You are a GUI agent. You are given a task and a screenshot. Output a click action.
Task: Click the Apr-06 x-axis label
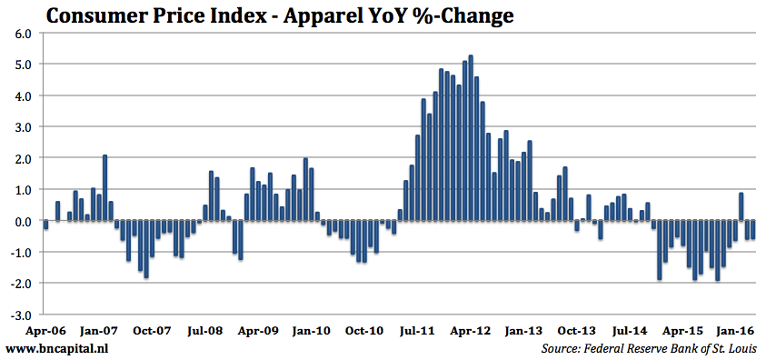(x=45, y=332)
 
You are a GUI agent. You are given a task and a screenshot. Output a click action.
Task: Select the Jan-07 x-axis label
(x=98, y=332)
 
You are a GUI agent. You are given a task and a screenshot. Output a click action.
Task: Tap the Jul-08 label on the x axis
(x=205, y=332)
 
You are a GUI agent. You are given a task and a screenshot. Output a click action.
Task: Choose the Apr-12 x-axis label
(x=472, y=332)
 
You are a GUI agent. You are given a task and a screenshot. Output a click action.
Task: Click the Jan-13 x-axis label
(x=525, y=332)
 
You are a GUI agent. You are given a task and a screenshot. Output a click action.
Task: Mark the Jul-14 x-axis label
(x=632, y=332)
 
